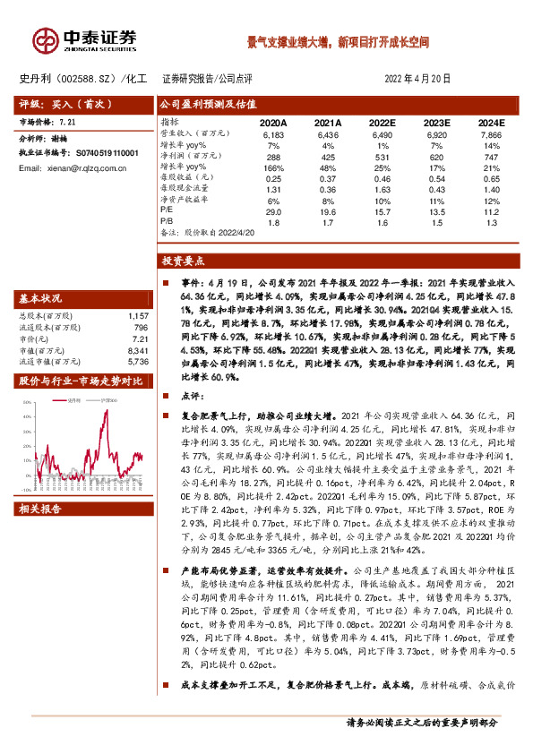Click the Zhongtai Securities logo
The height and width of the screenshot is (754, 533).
(x=85, y=40)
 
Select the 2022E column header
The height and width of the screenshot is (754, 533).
(x=382, y=122)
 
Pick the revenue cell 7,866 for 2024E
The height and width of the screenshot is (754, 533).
(x=491, y=133)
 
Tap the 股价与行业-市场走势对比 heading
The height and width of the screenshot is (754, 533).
(x=81, y=381)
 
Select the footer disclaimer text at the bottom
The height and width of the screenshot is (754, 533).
(x=421, y=722)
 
